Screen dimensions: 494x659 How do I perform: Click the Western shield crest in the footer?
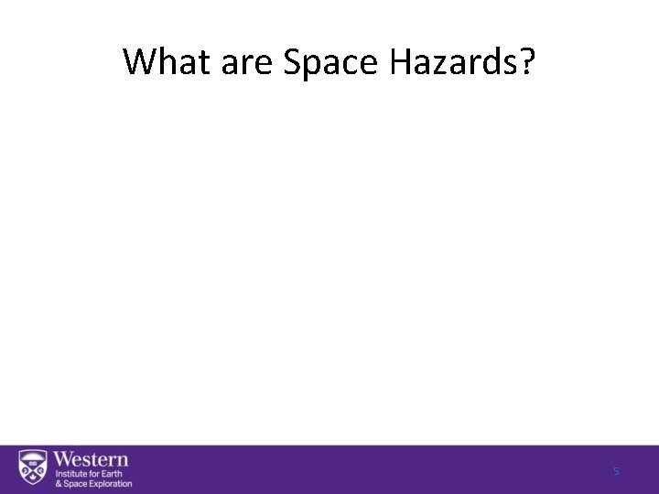(x=33, y=467)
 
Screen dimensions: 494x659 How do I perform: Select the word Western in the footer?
(x=92, y=458)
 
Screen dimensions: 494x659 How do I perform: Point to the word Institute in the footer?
(x=70, y=473)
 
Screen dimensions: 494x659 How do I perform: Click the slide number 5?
(x=616, y=471)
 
